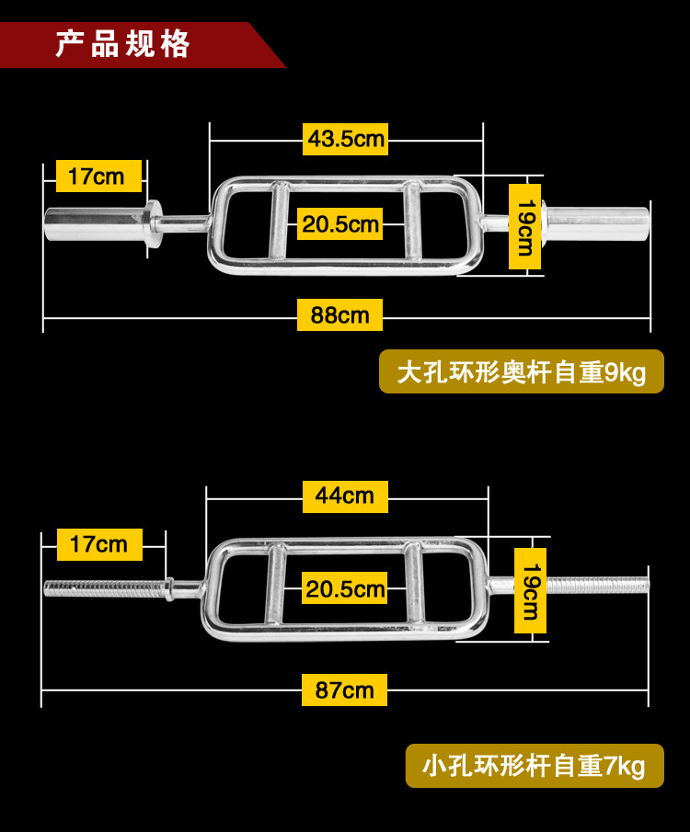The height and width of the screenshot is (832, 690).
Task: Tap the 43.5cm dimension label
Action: (345, 140)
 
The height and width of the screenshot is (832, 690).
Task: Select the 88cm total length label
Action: (339, 315)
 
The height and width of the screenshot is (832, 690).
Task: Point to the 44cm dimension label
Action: (345, 496)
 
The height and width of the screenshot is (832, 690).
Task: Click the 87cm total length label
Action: (344, 690)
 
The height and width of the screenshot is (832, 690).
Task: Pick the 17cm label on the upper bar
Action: (98, 176)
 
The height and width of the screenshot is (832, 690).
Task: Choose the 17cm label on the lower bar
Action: (98, 544)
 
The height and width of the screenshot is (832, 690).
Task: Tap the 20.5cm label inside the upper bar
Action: (340, 224)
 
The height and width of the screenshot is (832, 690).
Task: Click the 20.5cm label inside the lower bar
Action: (344, 588)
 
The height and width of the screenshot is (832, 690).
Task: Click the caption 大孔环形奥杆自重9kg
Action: (521, 372)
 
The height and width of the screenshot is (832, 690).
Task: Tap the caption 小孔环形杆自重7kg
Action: (534, 765)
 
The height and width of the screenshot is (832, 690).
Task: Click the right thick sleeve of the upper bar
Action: (598, 221)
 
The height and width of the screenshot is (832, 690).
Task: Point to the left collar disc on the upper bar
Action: (154, 222)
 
